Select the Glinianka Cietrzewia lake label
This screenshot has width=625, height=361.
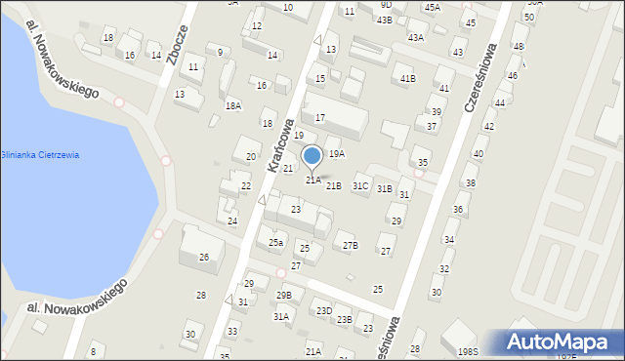(40, 155)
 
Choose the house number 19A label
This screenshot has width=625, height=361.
(336, 154)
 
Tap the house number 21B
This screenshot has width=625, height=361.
(334, 185)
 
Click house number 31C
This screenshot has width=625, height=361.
(360, 186)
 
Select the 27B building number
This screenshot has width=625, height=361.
(350, 245)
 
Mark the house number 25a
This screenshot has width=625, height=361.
(276, 242)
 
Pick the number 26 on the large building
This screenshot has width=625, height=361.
(204, 258)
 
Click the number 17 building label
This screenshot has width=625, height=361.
(319, 118)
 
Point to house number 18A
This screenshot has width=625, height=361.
(232, 105)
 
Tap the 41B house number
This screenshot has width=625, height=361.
(407, 78)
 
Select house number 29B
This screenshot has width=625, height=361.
(284, 295)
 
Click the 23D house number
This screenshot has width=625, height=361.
(323, 311)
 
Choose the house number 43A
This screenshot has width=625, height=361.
(416, 37)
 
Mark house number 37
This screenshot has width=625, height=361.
(432, 127)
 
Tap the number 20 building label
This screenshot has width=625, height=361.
(251, 156)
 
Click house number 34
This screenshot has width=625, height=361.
(449, 239)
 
